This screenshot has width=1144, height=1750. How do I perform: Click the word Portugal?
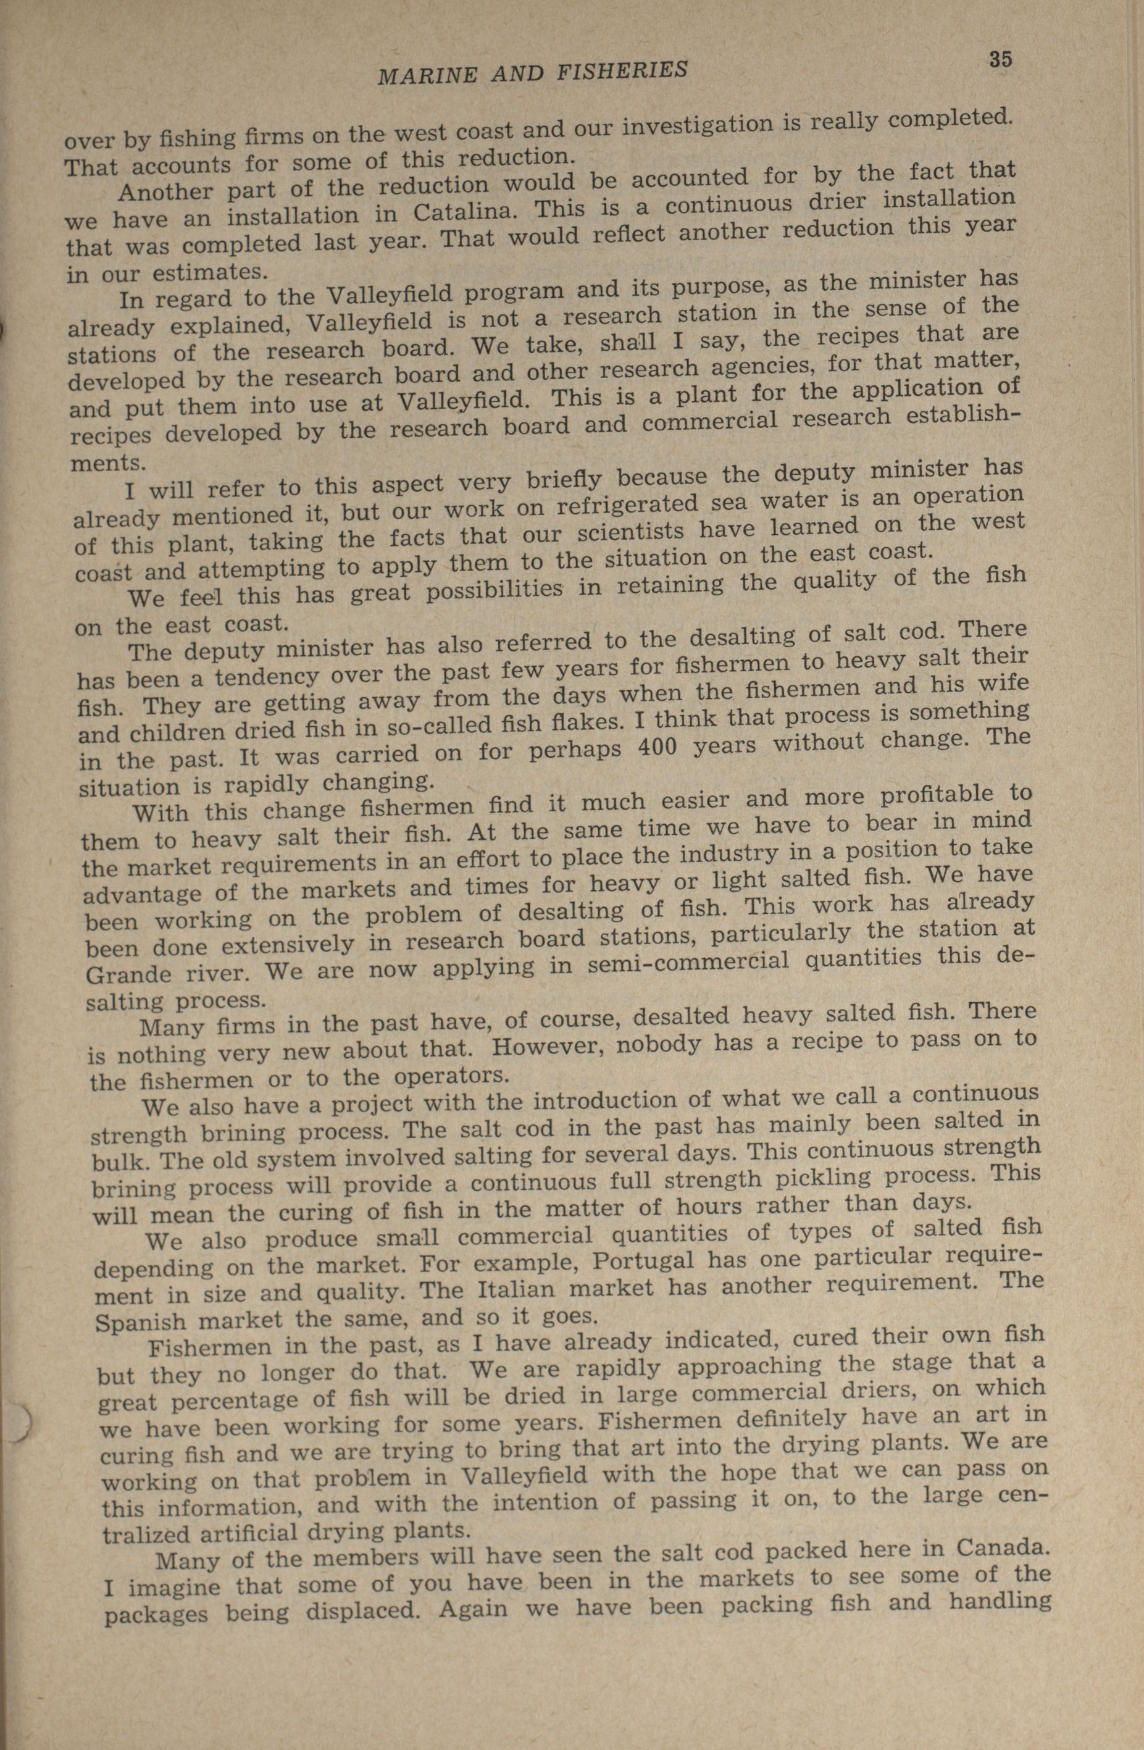point(643,1261)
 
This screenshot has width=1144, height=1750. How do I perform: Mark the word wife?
point(1003,683)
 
